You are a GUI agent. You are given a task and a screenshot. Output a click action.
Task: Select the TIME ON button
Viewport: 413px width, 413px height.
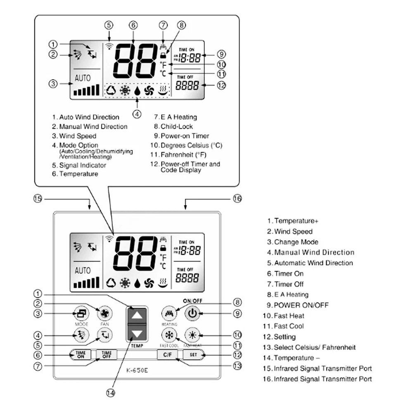(x=81, y=354)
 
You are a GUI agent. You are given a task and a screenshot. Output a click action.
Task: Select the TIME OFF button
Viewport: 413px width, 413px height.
(x=107, y=354)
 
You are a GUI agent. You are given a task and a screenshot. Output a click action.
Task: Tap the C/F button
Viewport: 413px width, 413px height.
(x=167, y=354)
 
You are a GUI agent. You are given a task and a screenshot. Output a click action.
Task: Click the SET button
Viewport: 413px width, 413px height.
(x=193, y=354)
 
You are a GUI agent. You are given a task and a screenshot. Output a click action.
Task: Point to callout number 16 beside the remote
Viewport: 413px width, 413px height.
(x=237, y=199)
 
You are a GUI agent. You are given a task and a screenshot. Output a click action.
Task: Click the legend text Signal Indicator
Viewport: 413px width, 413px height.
(x=83, y=165)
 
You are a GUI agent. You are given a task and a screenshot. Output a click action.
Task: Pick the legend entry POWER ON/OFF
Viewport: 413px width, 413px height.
(x=301, y=305)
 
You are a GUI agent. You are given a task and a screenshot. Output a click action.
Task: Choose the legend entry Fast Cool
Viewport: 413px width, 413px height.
(x=289, y=326)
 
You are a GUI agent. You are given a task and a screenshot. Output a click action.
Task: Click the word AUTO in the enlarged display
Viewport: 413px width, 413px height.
(x=83, y=78)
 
